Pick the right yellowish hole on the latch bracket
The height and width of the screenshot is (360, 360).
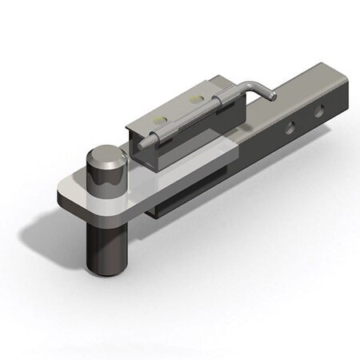coord(194,100)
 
